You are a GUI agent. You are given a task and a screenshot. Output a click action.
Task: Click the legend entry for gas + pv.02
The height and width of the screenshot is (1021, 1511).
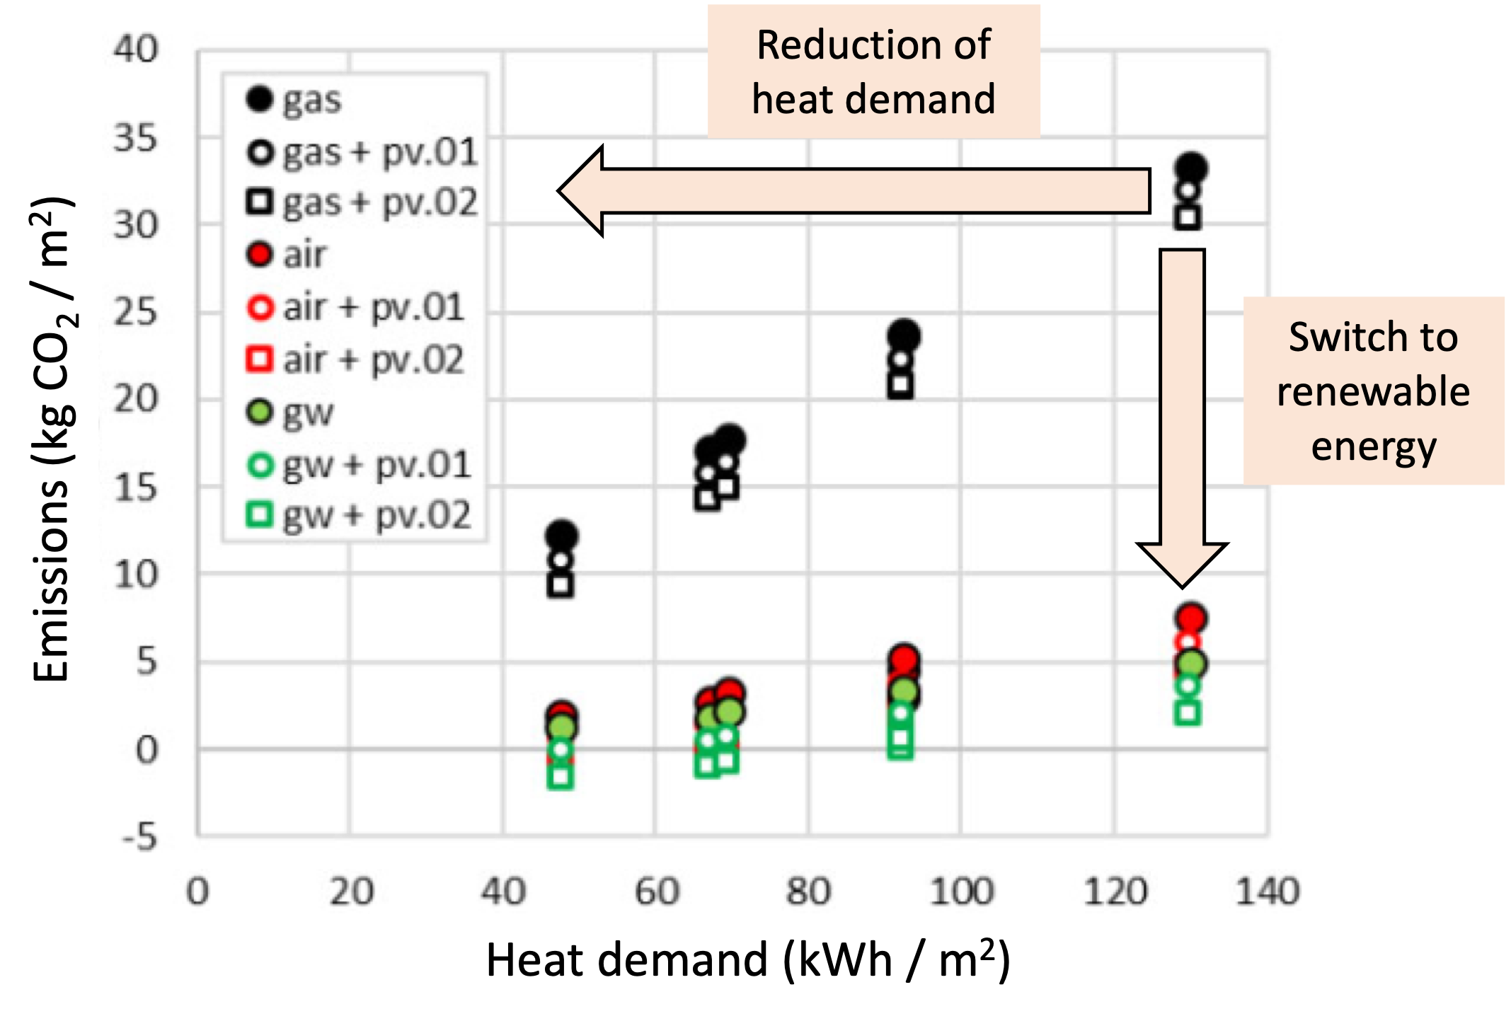point(362,203)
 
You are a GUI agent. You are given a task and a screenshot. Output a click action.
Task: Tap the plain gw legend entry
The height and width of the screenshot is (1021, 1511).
point(290,413)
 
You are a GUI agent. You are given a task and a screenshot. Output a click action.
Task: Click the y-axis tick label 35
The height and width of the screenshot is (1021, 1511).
point(135,138)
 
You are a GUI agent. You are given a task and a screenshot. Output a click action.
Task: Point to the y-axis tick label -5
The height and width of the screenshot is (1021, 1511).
point(139,837)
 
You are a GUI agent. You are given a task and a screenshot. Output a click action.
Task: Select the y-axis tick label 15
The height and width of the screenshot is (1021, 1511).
point(135,488)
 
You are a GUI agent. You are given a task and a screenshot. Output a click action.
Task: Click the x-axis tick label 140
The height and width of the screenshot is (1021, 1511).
point(1267,892)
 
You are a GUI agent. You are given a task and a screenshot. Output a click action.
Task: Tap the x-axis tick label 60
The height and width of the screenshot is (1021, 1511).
point(656,892)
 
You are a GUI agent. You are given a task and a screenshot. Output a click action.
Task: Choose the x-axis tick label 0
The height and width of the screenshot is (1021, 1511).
point(197,892)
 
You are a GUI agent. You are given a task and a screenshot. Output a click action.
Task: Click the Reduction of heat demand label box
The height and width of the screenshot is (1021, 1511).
point(873,71)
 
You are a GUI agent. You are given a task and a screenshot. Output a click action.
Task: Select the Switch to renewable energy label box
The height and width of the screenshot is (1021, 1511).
point(1373,391)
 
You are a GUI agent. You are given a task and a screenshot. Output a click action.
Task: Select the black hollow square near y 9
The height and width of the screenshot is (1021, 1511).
point(561,585)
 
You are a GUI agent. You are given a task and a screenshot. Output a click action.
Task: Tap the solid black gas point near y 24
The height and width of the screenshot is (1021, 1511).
point(904,335)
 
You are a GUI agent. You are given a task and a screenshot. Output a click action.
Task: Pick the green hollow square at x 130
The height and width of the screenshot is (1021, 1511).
point(1188,713)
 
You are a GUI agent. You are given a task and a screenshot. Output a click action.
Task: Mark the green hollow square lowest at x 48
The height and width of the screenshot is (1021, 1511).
point(561,777)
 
